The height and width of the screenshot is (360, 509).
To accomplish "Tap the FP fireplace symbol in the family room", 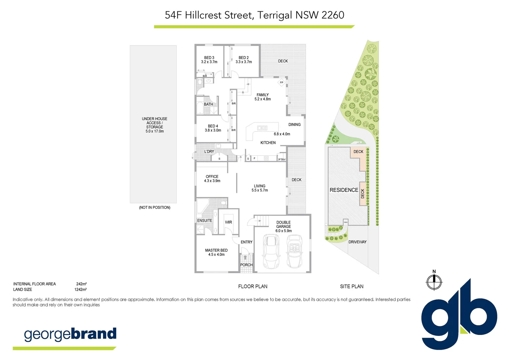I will point(281,82).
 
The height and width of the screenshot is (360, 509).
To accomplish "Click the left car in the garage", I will point(271,251).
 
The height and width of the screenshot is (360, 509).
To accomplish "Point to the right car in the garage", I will point(294,251).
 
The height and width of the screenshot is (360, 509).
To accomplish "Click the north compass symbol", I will point(434,282).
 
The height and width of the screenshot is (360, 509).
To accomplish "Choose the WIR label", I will point(229,222).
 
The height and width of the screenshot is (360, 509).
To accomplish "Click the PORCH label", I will point(247,265).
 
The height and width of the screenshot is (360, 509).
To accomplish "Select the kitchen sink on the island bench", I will point(262,127).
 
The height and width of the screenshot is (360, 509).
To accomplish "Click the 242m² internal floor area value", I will point(81,284).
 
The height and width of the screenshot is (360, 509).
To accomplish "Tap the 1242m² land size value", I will point(80,290).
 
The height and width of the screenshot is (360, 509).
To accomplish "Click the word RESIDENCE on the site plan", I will point(344,190).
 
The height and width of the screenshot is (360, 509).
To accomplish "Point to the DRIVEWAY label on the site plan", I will point(357,242).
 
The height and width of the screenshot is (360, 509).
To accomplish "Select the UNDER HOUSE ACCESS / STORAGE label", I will point(155,125).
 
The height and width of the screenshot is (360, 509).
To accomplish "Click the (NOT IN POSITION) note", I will point(155,207).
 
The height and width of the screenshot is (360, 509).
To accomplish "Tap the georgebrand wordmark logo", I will point(70,334).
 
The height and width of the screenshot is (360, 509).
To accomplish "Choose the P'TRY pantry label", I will point(282,160).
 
